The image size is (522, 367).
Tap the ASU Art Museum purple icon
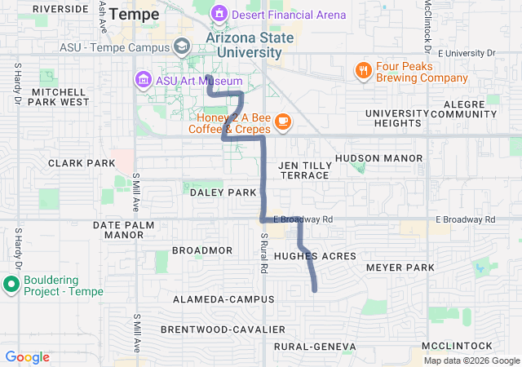point(143,79)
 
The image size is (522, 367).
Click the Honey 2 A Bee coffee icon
point(282,122)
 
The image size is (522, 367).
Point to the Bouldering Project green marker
point(11,285)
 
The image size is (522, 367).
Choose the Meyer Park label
point(400,268)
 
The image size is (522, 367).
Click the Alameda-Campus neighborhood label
point(223,299)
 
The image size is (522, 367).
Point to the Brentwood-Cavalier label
point(223,329)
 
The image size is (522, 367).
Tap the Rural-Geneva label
point(315,347)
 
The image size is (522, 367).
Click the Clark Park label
point(82,163)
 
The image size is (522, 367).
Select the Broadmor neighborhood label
point(202,250)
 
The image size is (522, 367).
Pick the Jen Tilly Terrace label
point(303,170)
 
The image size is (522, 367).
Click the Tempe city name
point(134,14)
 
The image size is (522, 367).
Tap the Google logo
point(28,357)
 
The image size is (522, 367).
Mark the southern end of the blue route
point(315,290)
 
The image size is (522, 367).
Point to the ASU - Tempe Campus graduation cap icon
point(183,46)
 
